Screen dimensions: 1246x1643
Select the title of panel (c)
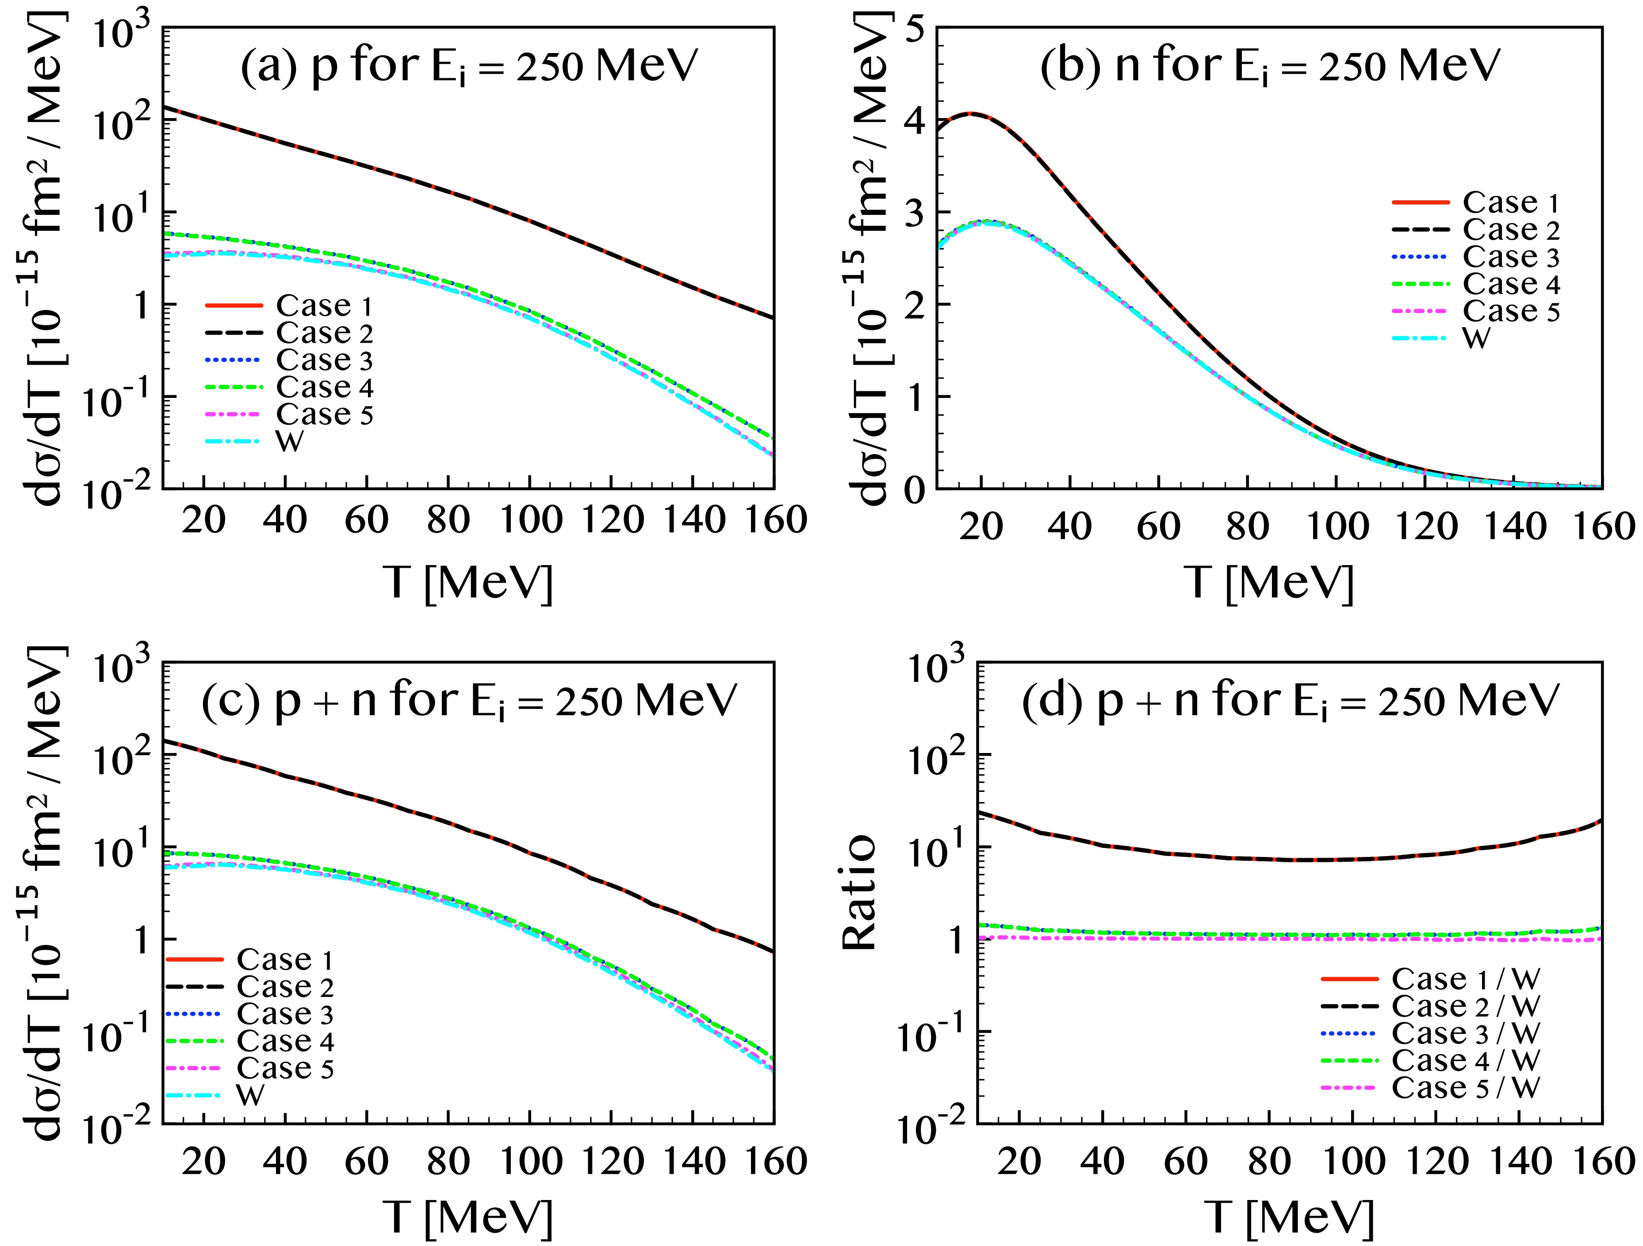click(469, 701)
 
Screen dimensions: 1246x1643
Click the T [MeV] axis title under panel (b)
click(1269, 582)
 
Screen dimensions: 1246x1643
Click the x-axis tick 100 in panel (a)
click(530, 520)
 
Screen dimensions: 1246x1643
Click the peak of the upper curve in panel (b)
click(971, 114)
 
